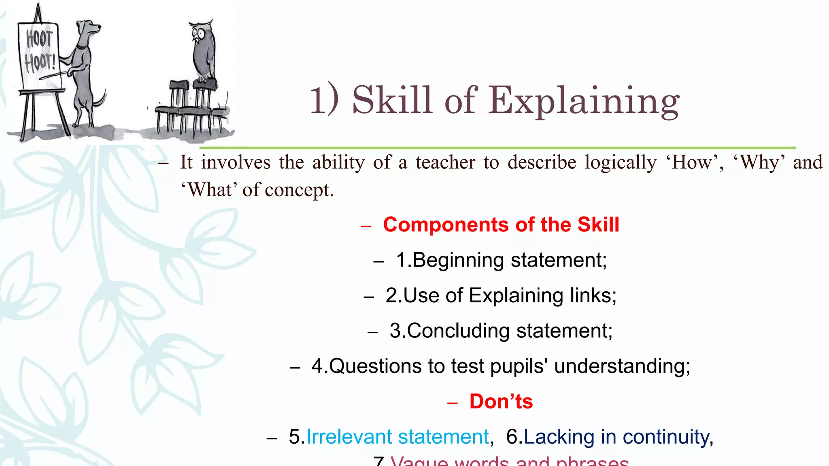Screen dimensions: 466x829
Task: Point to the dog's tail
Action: (x=100, y=99)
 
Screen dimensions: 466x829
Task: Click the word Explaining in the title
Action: (x=583, y=101)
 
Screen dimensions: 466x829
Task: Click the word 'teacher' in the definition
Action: (x=445, y=163)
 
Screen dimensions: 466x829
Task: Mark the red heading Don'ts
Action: (x=501, y=402)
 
